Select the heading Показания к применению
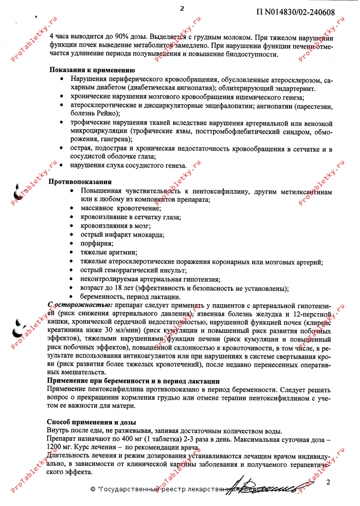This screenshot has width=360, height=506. pos(91,70)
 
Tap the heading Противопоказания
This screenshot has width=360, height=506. pos(79,181)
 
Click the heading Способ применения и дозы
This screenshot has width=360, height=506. pos(92,421)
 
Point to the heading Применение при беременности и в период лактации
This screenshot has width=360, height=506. pos(133,381)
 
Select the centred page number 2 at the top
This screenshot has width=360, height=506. pos(182,8)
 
